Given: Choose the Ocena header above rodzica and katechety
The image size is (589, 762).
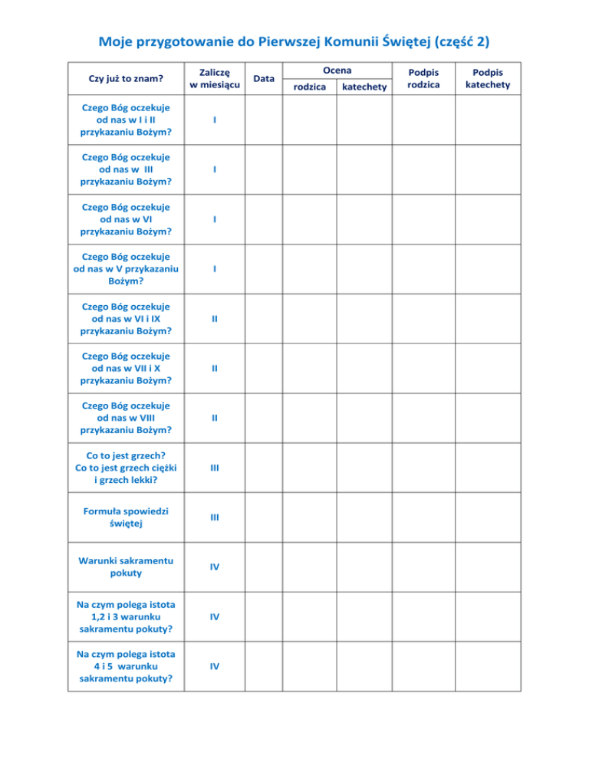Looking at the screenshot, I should point(337,70).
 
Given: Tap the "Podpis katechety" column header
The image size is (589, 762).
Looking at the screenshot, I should point(488,78).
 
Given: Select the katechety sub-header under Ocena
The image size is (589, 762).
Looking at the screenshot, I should point(364,87).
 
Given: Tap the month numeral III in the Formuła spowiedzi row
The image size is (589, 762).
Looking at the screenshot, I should point(216,517).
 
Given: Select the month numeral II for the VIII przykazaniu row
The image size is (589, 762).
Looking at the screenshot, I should point(216,418).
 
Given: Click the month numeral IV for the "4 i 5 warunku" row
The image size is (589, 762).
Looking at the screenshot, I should point(216,666).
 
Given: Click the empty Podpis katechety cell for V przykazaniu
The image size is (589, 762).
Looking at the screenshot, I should point(488,269).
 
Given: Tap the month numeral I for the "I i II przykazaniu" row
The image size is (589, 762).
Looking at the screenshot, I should point(216,120).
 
